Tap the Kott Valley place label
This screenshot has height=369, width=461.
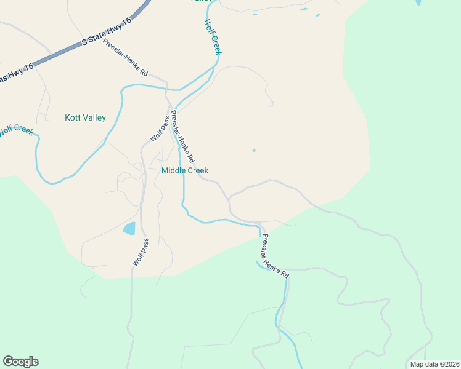[x=85, y=117]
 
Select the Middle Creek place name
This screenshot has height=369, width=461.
[x=184, y=170]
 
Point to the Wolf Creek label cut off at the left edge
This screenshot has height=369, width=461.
[x=15, y=130]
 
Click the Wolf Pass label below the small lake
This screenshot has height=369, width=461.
[x=140, y=252]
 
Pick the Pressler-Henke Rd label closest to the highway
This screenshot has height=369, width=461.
[x=126, y=61]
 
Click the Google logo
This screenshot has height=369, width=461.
[x=20, y=362]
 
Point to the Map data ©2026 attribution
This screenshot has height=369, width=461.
[x=434, y=364]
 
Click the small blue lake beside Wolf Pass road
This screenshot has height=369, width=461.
[x=129, y=229]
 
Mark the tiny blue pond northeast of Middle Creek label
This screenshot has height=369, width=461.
[x=254, y=150]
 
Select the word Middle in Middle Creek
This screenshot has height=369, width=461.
[x=173, y=170]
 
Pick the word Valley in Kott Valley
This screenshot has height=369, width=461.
[x=94, y=117]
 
